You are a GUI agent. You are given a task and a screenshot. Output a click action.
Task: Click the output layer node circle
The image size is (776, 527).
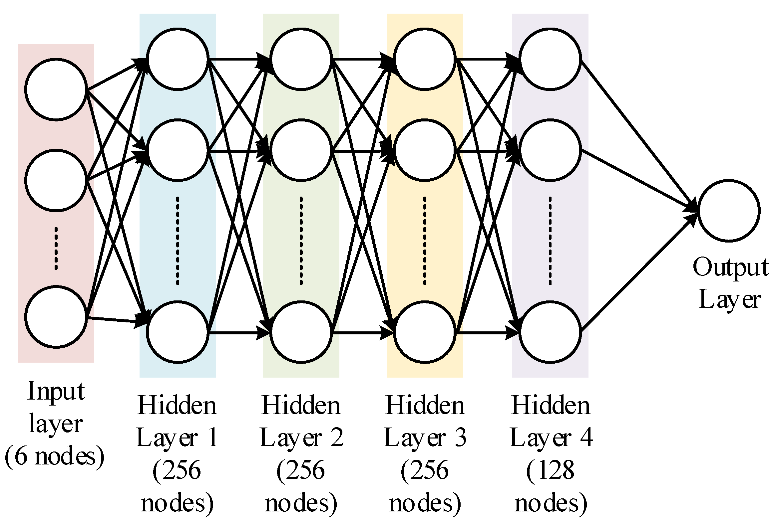coord(729,211)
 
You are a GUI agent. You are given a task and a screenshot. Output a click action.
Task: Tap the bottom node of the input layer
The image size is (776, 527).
coord(56,316)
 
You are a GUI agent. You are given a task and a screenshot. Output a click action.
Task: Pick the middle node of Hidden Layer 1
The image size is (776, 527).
coord(177,150)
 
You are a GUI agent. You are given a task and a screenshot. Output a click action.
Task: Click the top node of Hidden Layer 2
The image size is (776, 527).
coord(301,59)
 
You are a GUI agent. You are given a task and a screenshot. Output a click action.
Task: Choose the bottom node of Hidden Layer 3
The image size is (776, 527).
coord(425,332)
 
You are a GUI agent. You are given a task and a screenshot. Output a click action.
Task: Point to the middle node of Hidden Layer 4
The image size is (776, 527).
coord(550,150)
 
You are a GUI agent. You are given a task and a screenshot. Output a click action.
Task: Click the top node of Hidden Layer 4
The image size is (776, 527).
coord(550,59)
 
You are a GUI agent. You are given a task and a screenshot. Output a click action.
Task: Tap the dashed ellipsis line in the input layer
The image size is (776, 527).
coord(56,249)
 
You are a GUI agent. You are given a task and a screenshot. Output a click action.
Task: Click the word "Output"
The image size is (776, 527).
coord(730,268)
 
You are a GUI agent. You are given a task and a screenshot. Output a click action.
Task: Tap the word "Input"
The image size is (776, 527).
coord(56,391)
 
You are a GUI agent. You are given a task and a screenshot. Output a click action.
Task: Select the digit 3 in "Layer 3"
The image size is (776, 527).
coord(461,438)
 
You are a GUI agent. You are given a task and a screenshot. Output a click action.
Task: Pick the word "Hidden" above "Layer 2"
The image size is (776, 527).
coord(301,406)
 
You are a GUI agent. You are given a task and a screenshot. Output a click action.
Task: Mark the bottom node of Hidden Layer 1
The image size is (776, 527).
coord(177,332)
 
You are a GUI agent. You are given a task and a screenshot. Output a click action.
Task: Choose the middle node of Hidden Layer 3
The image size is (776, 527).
coord(425,150)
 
